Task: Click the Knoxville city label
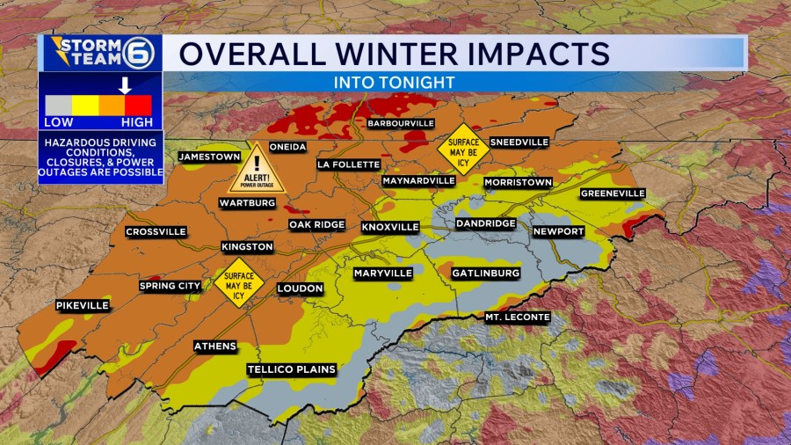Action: pos(390,227)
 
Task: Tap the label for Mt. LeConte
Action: pos(518,317)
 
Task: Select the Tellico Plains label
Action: pos(292,369)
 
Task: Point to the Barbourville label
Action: pos(401,124)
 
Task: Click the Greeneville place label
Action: pos(613,193)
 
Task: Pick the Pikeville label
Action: pos(83,305)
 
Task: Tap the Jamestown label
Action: pos(209,157)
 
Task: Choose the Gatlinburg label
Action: pos(485,274)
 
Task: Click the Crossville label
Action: pos(156,232)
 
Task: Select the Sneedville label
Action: pos(519,142)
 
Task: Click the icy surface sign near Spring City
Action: pos(239,281)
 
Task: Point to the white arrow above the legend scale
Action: pos(126,85)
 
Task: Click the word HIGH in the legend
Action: pos(137,122)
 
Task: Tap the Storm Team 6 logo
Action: pos(99,53)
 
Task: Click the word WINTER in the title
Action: pos(393,53)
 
